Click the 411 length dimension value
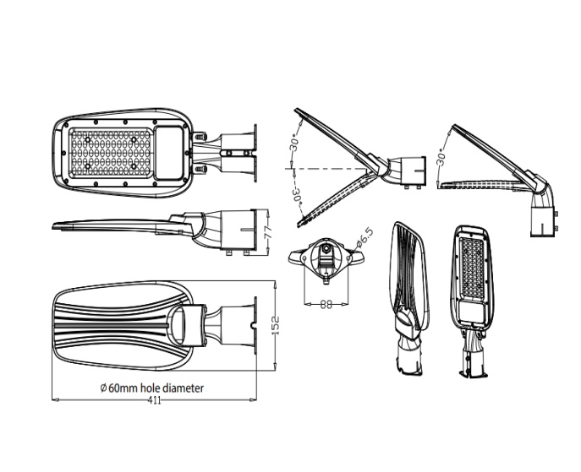pyautogui.click(x=155, y=400)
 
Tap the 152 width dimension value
pyautogui.click(x=276, y=326)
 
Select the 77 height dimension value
pyautogui.click(x=269, y=231)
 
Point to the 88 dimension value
pyautogui.click(x=326, y=305)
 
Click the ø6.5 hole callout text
pyautogui.click(x=365, y=238)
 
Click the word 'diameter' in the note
pyautogui.click(x=182, y=388)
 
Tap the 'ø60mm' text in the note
pyautogui.click(x=120, y=388)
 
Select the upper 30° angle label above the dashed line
pyautogui.click(x=293, y=143)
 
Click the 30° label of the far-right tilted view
pyautogui.click(x=441, y=157)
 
